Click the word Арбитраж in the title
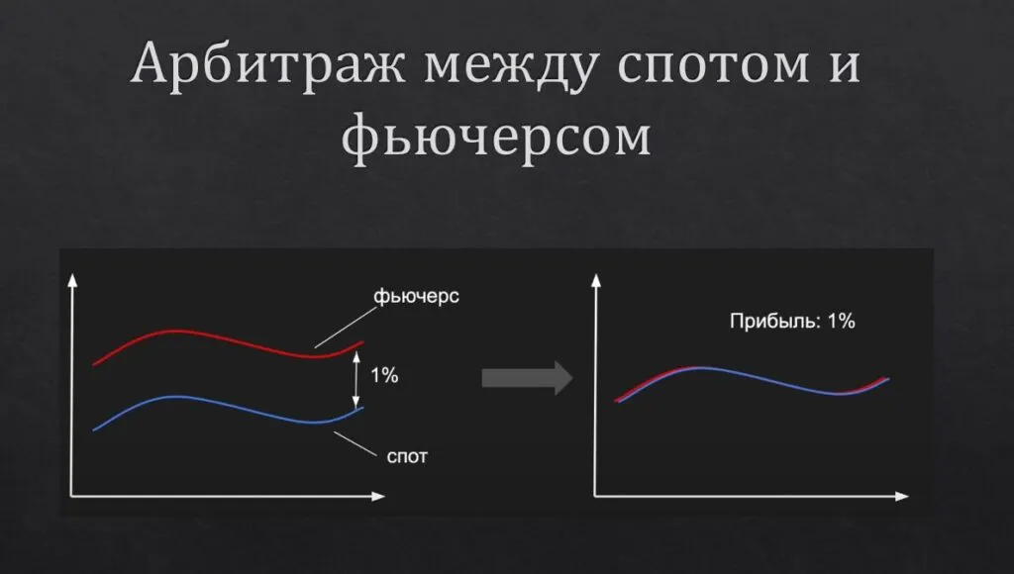[265, 66]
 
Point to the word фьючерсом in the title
[497, 139]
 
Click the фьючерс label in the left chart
[417, 298]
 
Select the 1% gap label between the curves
[384, 376]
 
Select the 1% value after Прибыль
[840, 322]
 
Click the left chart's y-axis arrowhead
[71, 280]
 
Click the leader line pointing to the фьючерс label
[343, 325]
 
